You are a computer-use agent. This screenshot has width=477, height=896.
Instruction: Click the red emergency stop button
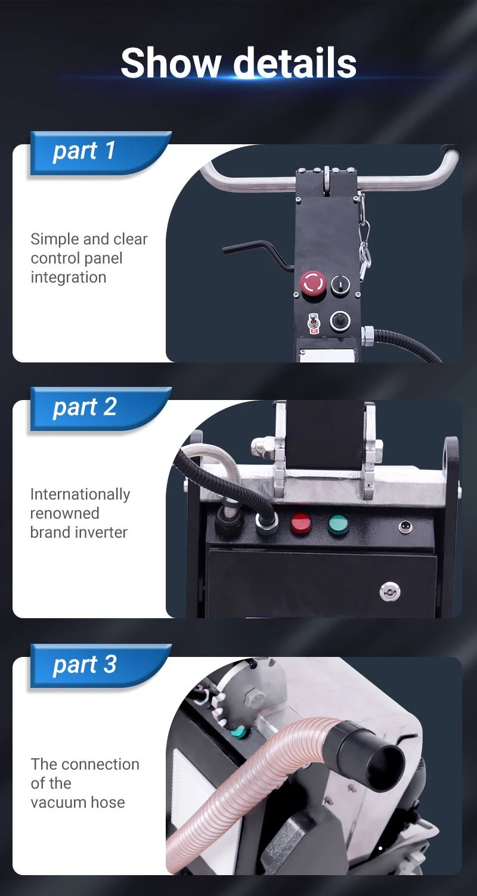click(313, 283)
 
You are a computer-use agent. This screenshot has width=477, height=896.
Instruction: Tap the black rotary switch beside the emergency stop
click(340, 285)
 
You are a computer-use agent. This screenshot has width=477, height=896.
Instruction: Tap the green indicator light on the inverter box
click(338, 525)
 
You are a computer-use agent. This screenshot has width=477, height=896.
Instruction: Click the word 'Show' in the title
click(171, 63)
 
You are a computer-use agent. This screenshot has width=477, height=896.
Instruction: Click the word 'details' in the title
click(295, 63)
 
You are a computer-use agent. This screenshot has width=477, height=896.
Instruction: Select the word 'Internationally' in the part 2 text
click(80, 495)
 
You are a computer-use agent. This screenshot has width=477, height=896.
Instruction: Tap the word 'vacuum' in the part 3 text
click(58, 802)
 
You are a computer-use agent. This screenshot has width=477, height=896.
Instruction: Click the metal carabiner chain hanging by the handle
click(363, 236)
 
